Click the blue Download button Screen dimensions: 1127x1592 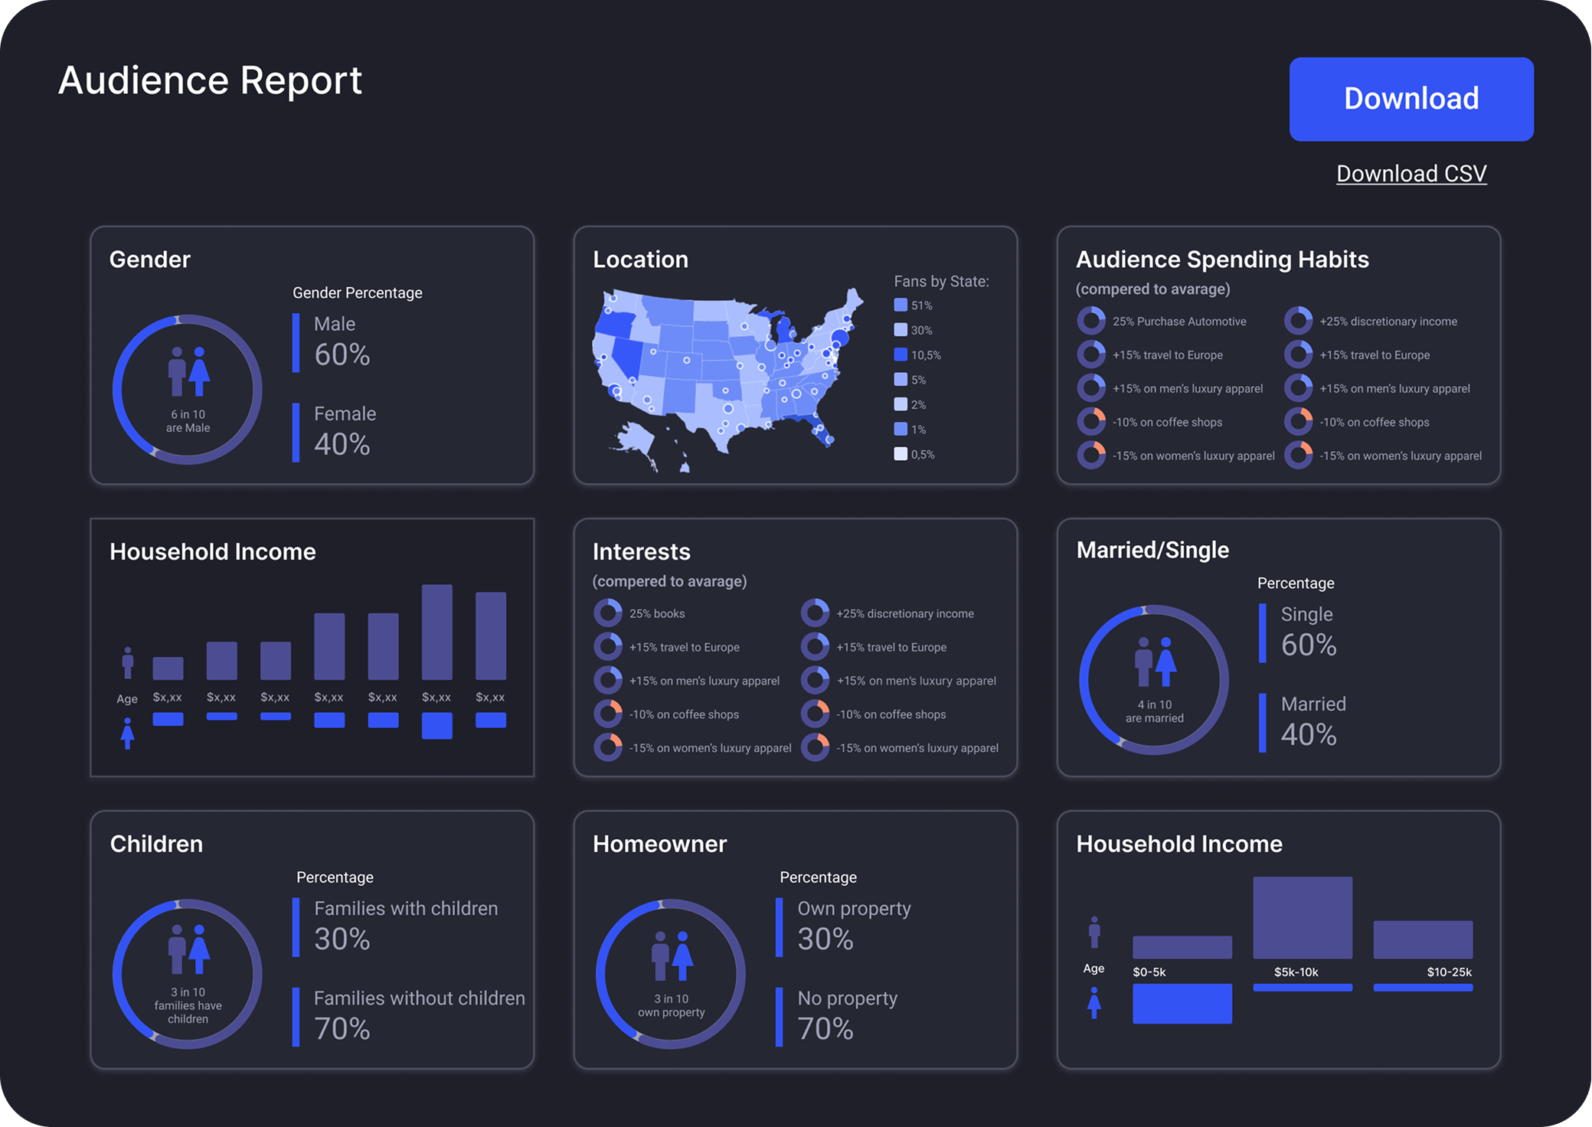(1411, 99)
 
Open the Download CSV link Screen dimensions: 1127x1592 (1411, 174)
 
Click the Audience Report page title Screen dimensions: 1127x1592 (210, 80)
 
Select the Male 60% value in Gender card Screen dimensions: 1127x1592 (342, 354)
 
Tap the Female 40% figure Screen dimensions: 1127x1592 (342, 444)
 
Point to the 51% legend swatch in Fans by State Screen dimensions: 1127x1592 (901, 305)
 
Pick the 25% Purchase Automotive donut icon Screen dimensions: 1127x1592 (1090, 321)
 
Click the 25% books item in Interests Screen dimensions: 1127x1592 (656, 613)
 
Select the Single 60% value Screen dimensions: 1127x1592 (1308, 645)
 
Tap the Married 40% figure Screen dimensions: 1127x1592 (1308, 734)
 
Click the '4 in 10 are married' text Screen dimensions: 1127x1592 (1154, 711)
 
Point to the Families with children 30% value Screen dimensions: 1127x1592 (342, 939)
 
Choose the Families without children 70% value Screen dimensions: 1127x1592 (342, 1028)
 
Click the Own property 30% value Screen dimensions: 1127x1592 (825, 939)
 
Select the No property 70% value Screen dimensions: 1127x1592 (825, 1028)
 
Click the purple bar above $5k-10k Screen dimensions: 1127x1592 (1302, 917)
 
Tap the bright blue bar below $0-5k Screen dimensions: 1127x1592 (1182, 1003)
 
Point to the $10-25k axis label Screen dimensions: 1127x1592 (1449, 972)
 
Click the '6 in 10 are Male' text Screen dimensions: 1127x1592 (188, 421)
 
